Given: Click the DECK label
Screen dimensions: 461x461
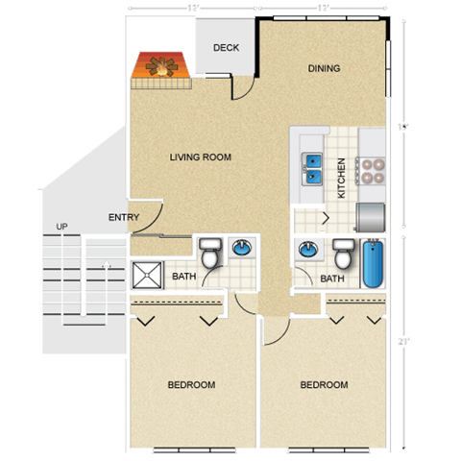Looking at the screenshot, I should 226,48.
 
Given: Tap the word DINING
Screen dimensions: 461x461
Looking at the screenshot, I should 325,68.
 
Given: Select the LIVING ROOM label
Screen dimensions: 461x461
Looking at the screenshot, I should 201,157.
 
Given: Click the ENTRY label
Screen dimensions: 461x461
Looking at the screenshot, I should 124,217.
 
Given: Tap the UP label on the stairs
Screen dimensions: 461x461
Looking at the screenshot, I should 62,227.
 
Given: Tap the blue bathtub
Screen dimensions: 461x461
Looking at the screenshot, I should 373,265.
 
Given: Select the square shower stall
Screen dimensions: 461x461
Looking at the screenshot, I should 148,276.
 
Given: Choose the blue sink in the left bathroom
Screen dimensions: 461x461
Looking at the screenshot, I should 242,249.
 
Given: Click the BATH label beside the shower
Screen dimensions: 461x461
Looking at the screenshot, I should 184,279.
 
